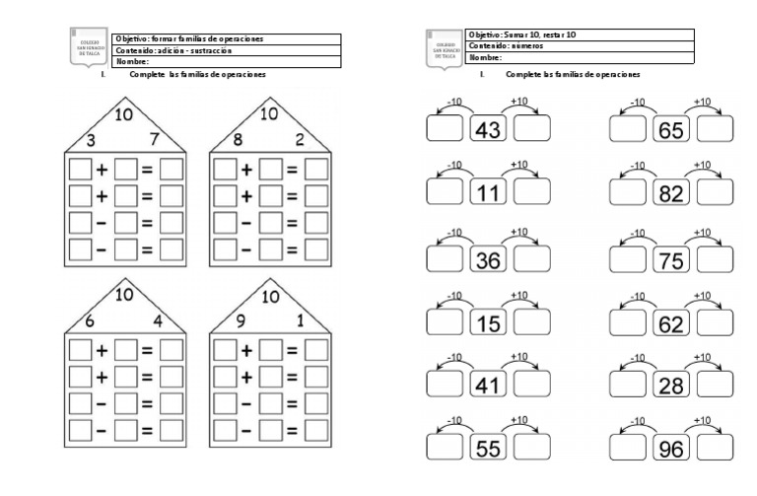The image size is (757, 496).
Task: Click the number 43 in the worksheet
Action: point(488,130)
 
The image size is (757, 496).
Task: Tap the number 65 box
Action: point(671,130)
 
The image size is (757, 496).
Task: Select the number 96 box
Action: point(671,450)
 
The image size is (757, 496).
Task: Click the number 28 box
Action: point(671,386)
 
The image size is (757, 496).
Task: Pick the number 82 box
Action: point(671,194)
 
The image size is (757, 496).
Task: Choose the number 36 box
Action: point(488,259)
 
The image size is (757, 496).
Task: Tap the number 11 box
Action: point(488,194)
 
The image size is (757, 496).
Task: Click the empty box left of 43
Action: point(445,130)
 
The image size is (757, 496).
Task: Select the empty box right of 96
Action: point(716,450)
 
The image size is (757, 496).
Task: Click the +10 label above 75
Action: point(702,233)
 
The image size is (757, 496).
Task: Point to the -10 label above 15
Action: point(454,296)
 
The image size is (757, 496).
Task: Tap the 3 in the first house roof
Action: point(91,139)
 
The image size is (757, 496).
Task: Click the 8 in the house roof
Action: point(238,139)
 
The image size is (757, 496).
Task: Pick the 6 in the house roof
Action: point(91,321)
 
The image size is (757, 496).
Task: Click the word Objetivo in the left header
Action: point(133,38)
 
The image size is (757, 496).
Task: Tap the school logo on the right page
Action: point(443,46)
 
